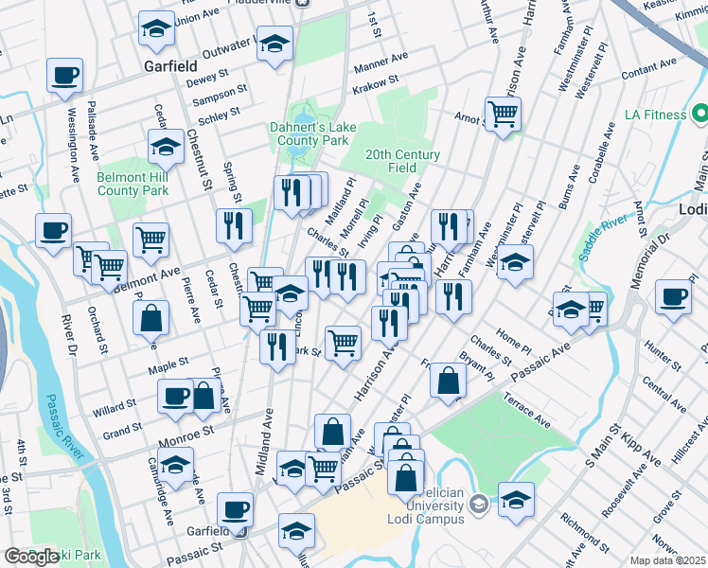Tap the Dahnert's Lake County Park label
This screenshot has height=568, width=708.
(310, 133)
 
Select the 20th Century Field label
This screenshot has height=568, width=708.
(402, 161)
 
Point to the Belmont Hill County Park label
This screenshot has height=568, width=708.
(133, 183)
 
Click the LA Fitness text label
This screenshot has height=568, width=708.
(655, 115)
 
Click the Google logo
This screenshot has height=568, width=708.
(31, 556)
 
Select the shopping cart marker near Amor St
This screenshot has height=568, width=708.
(504, 115)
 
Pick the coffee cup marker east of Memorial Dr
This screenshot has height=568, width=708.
(674, 296)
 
